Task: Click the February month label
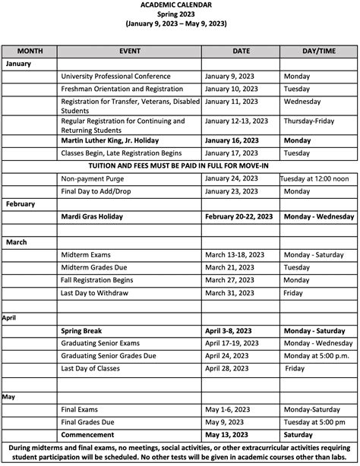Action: [21, 204]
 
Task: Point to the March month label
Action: [17, 242]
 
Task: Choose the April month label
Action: [10, 318]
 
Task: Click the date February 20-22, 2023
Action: [238, 216]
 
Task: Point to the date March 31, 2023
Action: [230, 293]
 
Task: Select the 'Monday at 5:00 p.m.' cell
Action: [316, 356]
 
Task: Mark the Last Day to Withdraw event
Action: [99, 293]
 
